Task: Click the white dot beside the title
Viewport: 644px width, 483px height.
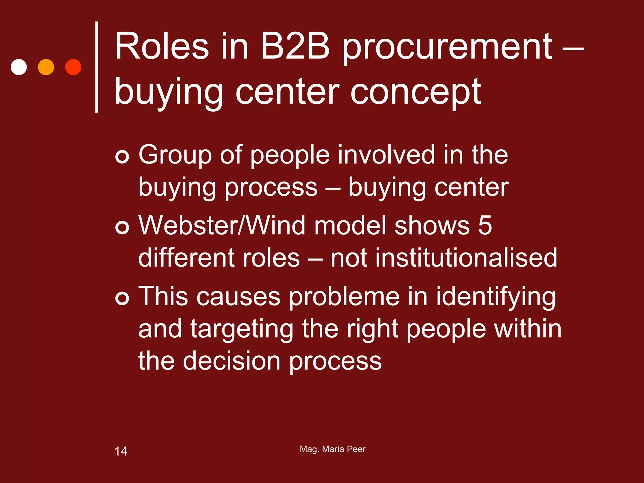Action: coord(19,67)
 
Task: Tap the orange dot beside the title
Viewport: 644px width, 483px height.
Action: coord(46,67)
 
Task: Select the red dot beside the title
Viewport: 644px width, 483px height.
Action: coord(73,67)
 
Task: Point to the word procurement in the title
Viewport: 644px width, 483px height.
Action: coord(447,49)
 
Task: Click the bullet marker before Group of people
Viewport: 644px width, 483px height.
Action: coord(122,156)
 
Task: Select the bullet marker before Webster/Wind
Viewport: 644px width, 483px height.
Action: coord(122,227)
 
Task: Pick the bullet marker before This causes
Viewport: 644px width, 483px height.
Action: coord(122,298)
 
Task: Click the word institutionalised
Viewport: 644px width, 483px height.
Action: coord(444,258)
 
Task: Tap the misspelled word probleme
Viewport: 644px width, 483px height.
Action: coord(344,297)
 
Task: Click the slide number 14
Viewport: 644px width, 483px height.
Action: coord(121,451)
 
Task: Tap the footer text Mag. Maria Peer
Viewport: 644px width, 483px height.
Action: coord(332,449)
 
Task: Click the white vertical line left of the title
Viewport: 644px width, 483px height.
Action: coord(97,67)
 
